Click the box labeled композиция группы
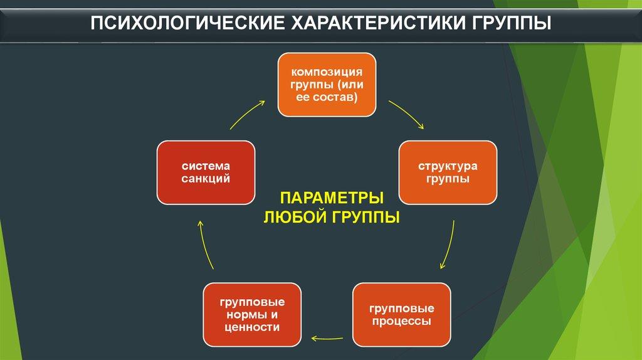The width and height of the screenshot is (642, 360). pyautogui.click(x=327, y=85)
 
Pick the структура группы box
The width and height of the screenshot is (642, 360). pyautogui.click(x=448, y=172)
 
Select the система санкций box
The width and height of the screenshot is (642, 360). pyautogui.click(x=206, y=172)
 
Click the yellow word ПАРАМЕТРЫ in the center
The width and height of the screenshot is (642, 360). pyautogui.click(x=332, y=199)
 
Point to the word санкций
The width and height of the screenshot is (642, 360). pyautogui.click(x=206, y=179)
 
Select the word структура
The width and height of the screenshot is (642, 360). pyautogui.click(x=448, y=166)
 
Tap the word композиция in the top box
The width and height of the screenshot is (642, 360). pyautogui.click(x=327, y=73)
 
